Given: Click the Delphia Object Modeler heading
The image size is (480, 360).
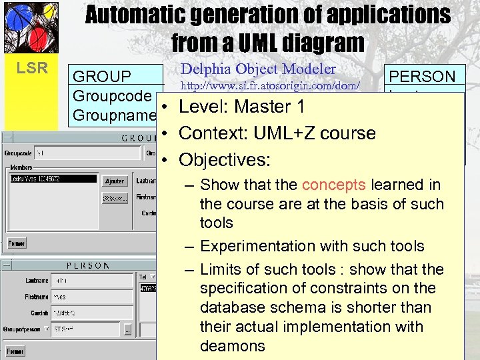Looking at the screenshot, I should (x=259, y=69).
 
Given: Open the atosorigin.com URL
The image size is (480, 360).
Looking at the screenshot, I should (x=271, y=85).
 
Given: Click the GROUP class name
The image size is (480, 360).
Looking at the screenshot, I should (x=102, y=77).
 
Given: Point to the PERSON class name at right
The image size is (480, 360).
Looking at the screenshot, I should (x=423, y=77).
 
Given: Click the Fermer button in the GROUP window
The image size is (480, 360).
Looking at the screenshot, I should (x=16, y=244).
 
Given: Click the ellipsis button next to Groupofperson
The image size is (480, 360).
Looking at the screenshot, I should (x=127, y=329).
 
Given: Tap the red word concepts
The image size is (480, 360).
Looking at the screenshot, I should (x=334, y=185).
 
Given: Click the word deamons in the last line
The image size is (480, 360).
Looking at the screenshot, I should (x=233, y=346).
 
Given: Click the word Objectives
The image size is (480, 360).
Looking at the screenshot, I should (x=225, y=160).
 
